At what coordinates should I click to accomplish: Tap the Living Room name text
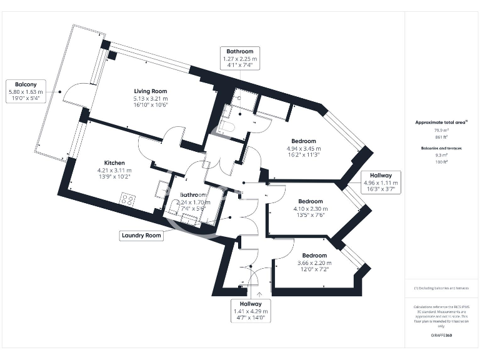click(x=151, y=91)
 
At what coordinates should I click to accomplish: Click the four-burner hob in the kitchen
click(x=128, y=201)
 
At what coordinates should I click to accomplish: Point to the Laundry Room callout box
click(x=141, y=236)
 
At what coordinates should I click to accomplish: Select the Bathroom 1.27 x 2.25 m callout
click(x=240, y=58)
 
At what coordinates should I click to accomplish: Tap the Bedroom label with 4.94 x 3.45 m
click(x=303, y=141)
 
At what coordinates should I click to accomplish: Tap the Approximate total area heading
click(x=441, y=122)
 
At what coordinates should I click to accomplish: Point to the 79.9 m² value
click(x=442, y=130)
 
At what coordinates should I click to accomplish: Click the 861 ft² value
click(x=442, y=136)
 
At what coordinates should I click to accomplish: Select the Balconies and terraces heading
click(x=441, y=148)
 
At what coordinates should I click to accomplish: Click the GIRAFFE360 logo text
click(x=441, y=336)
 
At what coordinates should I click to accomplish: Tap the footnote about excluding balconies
click(x=441, y=288)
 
